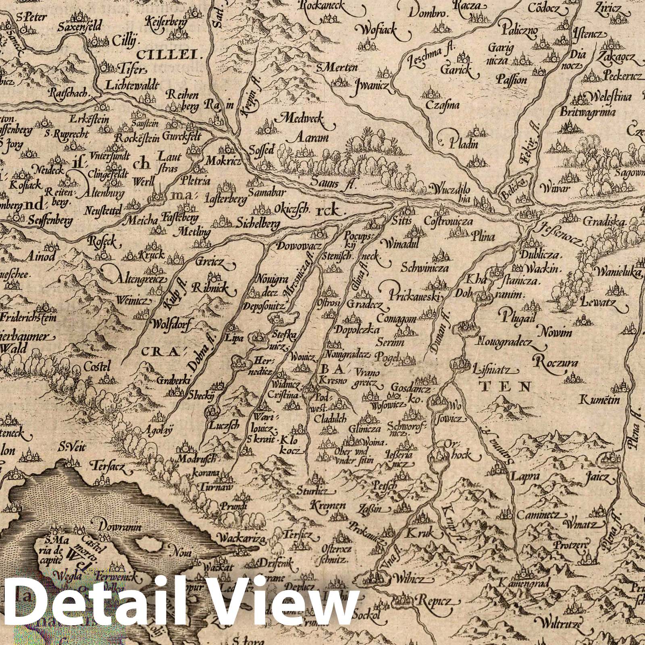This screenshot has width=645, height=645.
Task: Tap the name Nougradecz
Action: point(509,343)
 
